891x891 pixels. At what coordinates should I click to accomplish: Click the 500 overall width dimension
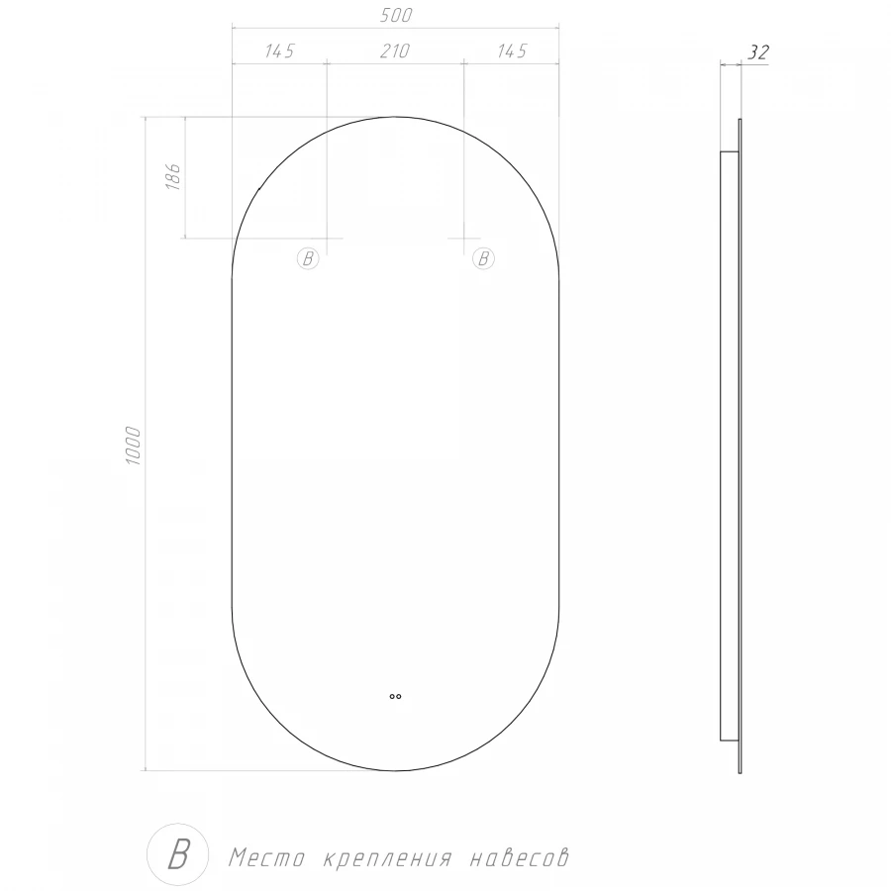(395, 16)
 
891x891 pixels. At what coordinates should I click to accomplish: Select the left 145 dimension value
(279, 51)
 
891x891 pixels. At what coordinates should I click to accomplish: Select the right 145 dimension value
(511, 51)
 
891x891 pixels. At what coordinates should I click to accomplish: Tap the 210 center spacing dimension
(395, 51)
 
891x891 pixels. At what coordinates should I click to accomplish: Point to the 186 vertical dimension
(171, 177)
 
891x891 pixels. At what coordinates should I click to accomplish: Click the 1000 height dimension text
(135, 446)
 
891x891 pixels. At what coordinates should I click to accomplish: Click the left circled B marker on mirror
(308, 259)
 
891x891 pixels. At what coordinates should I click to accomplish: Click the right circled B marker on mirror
(483, 259)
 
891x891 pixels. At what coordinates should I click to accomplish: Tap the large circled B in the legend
(177, 853)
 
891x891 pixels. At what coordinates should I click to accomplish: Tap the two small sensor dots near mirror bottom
(395, 696)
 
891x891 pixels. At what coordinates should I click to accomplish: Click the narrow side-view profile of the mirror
(732, 445)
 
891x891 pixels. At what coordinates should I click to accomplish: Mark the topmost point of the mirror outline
(395, 117)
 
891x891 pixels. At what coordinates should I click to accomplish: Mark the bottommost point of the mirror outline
(395, 770)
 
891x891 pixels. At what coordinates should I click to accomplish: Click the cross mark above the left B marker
(327, 239)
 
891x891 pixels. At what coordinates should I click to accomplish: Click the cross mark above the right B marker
(464, 239)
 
